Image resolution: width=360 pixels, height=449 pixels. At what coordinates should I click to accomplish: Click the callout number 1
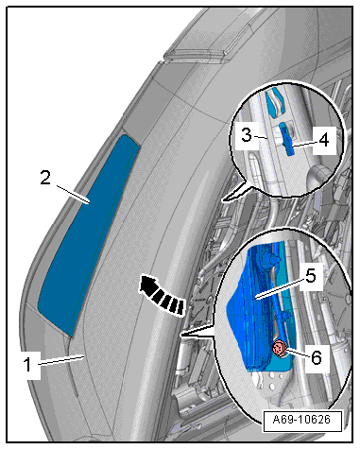click(x=28, y=365)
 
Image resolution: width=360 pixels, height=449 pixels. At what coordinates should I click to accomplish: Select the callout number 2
click(x=45, y=177)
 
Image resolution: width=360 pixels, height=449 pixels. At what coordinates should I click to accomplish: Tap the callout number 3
click(x=247, y=135)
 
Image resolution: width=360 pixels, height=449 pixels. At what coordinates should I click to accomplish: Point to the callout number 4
click(x=324, y=140)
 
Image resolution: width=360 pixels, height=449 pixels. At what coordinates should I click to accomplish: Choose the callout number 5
click(x=310, y=276)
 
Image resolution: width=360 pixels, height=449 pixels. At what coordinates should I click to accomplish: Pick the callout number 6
click(x=317, y=358)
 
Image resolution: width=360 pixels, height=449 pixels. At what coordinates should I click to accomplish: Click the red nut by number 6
click(x=279, y=349)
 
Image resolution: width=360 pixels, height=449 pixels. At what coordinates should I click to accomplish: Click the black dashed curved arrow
click(x=161, y=294)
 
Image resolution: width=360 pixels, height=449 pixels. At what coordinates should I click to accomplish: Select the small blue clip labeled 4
click(x=288, y=139)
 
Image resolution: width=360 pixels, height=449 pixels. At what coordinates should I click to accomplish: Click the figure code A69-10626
click(x=301, y=420)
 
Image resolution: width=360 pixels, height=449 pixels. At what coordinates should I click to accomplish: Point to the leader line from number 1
click(x=60, y=360)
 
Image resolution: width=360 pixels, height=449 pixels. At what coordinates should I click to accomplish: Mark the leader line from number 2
click(x=73, y=194)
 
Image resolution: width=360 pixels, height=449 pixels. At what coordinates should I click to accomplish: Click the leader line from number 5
click(x=281, y=288)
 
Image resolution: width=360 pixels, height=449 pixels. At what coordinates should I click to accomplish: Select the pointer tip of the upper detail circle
click(x=222, y=199)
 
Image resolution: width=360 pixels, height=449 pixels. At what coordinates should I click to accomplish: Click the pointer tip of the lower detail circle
click(x=180, y=336)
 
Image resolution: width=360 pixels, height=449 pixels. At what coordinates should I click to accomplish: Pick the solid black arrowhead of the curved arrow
click(x=148, y=283)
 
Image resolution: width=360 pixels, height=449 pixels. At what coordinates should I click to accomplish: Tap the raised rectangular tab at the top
click(x=196, y=52)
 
